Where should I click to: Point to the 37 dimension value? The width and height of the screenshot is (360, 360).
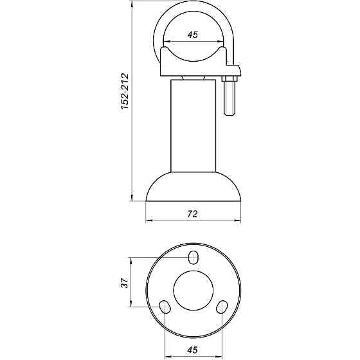click(x=126, y=282)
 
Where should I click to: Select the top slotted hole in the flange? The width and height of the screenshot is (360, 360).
click(x=194, y=258)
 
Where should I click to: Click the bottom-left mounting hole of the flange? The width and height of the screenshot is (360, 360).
click(x=165, y=306)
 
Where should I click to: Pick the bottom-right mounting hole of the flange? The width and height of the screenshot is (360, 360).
click(x=222, y=306)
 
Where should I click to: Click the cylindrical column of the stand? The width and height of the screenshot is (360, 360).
click(x=194, y=125)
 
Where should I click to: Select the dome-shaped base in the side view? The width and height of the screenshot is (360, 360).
click(x=194, y=186)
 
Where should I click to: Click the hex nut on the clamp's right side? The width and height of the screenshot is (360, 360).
click(x=230, y=80)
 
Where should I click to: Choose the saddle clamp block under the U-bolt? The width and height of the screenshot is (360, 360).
click(x=194, y=64)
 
